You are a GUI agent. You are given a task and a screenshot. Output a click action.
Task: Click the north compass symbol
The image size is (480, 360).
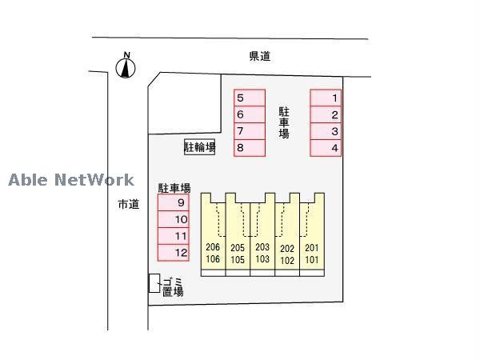tap(126, 68)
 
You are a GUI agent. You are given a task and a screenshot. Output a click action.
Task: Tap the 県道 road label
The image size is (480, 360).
tap(260, 56)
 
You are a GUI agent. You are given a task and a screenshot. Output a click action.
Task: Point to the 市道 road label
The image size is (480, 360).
tap(128, 205)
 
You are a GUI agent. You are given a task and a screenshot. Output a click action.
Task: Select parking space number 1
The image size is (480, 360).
tap(326, 98)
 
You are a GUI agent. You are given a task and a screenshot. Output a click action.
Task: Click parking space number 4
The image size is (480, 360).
tap(326, 148)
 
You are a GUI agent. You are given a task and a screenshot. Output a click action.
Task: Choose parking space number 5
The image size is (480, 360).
tap(249, 98)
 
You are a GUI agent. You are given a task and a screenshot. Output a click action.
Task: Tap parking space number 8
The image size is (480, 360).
tap(249, 148)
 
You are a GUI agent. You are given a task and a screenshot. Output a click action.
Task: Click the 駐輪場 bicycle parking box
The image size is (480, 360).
tap(200, 147)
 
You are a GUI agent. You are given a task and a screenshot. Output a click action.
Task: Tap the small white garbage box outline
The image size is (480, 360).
tap(154, 283)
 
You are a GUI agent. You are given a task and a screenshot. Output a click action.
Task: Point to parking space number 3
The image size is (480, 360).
tap(326, 131)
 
